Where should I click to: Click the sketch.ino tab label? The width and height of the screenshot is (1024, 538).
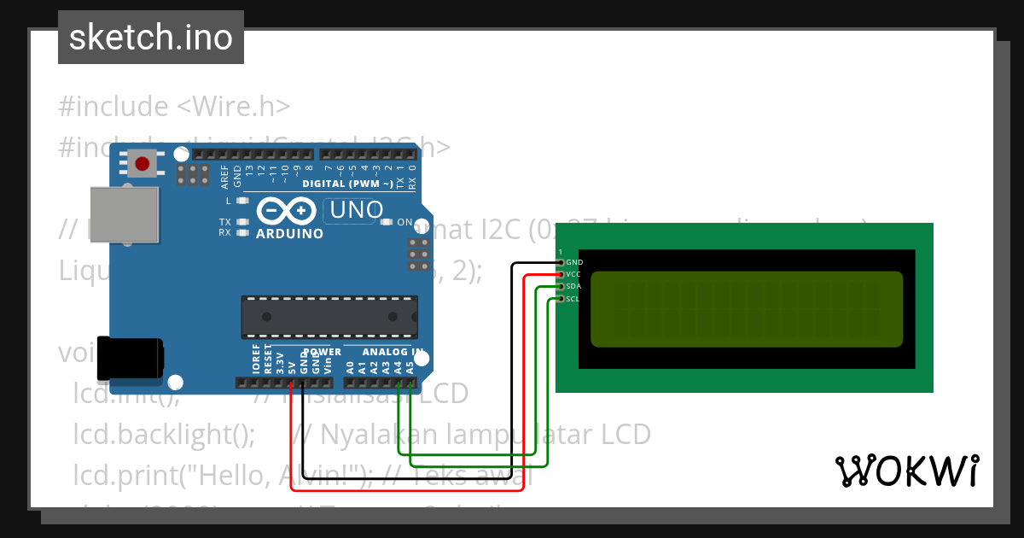(151, 38)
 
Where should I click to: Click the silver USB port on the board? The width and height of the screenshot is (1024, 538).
(125, 213)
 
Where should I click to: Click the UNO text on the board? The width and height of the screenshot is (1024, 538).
(353, 209)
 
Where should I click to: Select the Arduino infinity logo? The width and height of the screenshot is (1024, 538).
(289, 211)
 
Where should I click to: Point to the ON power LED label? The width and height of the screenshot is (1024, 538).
(405, 223)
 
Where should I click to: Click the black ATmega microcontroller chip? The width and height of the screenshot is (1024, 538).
(329, 316)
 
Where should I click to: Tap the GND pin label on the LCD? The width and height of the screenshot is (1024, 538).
(574, 262)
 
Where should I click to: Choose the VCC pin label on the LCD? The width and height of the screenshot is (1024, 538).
(573, 274)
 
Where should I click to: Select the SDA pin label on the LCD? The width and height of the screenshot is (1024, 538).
(573, 286)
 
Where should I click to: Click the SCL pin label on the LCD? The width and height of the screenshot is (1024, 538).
(573, 299)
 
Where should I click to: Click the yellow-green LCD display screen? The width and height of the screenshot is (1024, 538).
(746, 309)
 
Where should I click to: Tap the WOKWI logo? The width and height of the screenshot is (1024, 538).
(905, 471)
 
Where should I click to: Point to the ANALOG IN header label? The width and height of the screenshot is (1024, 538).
(393, 352)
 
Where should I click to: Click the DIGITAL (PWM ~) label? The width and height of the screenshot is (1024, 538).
(348, 184)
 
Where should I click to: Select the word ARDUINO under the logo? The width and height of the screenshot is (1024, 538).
(290, 234)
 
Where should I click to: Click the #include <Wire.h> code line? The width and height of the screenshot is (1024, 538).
(175, 107)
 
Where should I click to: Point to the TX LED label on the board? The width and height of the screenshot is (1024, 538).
(224, 222)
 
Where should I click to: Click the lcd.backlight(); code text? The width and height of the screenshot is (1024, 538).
(165, 435)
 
